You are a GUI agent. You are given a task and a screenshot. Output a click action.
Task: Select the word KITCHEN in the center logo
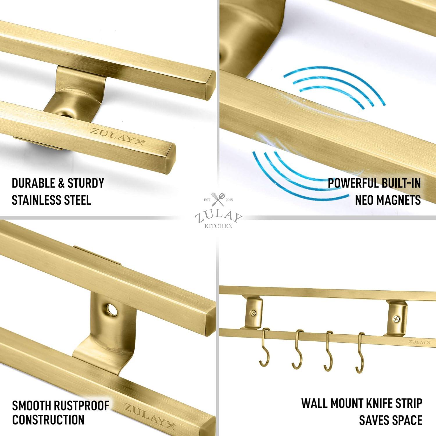[x=218, y=226]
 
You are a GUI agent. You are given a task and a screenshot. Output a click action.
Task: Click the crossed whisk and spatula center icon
[x=218, y=199]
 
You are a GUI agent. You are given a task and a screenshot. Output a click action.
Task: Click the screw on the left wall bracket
[x=253, y=313]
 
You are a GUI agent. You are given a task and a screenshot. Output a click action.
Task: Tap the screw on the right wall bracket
[x=396, y=319]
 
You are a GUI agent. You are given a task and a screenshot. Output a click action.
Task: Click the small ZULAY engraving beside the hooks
[x=418, y=342]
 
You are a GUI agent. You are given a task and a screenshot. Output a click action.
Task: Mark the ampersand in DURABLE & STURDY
[x=61, y=183]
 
